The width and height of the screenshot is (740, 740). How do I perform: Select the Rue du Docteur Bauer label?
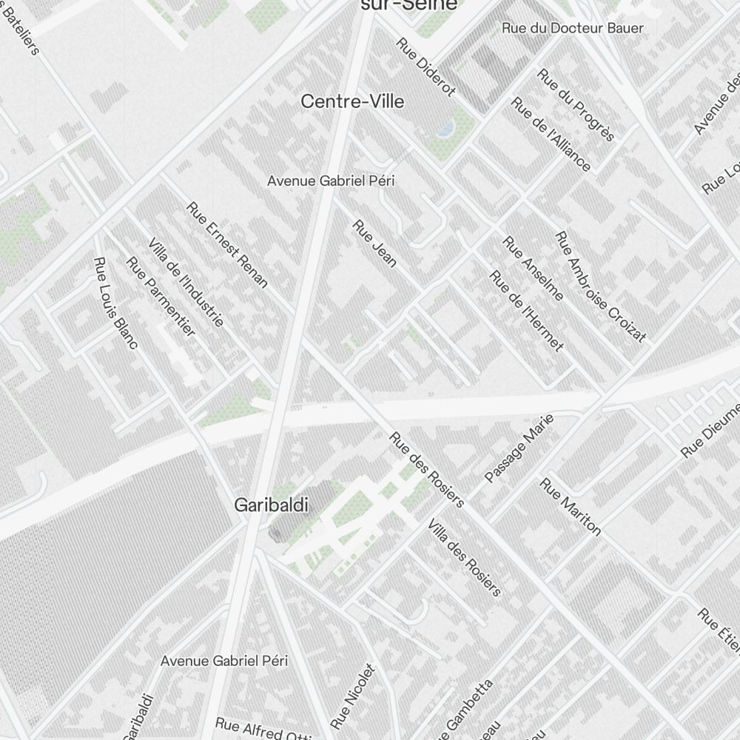tap(572, 28)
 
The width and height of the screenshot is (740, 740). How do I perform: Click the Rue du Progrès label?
tap(576, 104)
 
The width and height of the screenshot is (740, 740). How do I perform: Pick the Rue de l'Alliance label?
tap(551, 134)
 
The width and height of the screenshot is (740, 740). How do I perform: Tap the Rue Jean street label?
tap(374, 243)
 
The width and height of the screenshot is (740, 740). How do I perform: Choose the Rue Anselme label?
tap(533, 268)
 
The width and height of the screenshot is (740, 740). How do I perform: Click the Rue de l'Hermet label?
tap(527, 311)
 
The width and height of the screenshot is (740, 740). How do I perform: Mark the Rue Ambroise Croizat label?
tap(601, 287)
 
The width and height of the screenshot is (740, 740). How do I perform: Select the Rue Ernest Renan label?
tap(226, 244)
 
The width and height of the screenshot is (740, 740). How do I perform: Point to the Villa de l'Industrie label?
tap(186, 283)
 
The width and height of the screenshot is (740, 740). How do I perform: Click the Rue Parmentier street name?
tap(161, 296)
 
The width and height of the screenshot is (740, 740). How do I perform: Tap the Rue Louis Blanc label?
tap(116, 302)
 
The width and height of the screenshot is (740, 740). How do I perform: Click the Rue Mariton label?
tap(571, 506)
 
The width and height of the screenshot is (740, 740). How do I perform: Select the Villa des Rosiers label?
tap(464, 556)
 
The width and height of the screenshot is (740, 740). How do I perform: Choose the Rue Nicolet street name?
tap(354, 696)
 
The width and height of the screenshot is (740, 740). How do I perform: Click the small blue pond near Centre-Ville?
tap(446, 129)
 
